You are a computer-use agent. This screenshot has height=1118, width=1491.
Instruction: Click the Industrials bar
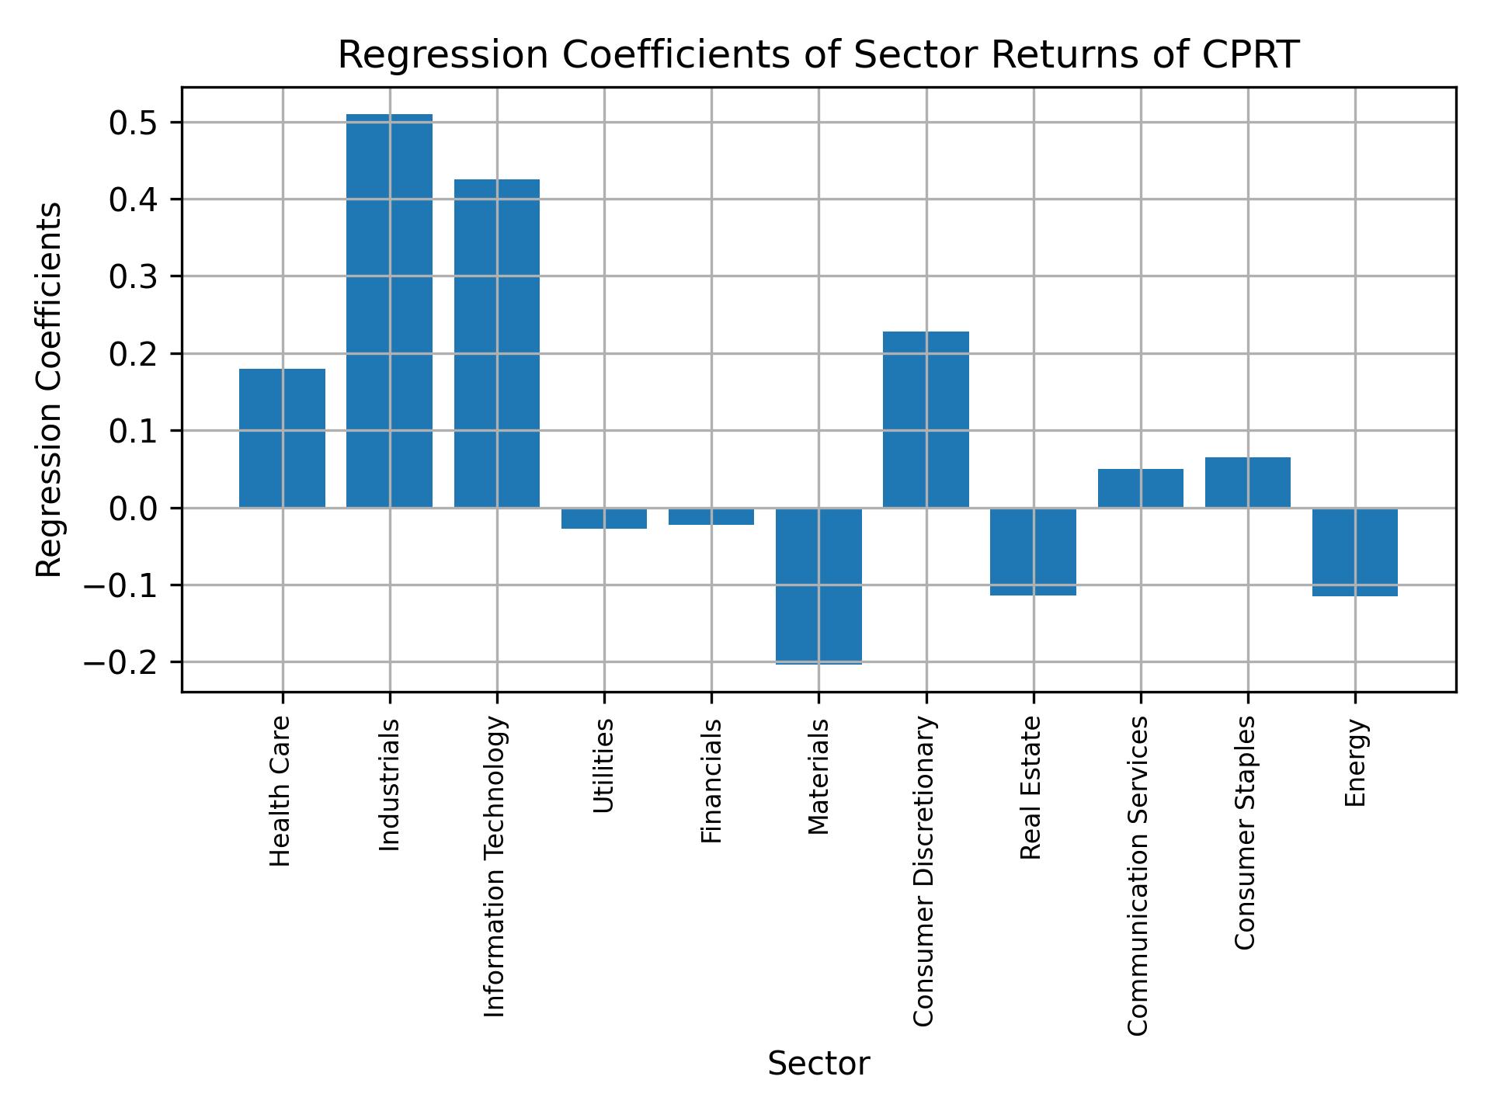[389, 311]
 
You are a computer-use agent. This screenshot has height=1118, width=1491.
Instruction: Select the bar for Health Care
[282, 438]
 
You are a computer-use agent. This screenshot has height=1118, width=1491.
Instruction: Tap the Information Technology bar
[497, 343]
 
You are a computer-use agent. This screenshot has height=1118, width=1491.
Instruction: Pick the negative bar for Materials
[818, 585]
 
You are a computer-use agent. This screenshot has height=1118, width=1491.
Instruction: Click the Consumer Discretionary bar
[926, 419]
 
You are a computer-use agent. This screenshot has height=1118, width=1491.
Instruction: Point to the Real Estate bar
[1033, 551]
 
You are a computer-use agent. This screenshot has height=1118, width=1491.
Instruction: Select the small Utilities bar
[604, 518]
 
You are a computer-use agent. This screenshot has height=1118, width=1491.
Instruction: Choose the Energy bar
[1355, 552]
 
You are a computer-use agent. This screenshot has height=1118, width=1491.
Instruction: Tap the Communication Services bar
[1140, 488]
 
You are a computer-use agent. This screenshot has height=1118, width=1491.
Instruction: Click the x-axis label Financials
[711, 780]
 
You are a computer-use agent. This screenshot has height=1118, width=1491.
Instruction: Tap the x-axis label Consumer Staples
[1247, 832]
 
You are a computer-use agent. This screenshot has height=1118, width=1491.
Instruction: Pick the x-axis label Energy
[1355, 762]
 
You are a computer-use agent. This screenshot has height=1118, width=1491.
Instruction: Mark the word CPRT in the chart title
[1249, 55]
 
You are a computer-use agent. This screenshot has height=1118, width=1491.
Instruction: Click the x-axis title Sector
[818, 1064]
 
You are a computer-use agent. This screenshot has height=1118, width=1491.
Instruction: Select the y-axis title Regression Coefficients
[50, 390]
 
